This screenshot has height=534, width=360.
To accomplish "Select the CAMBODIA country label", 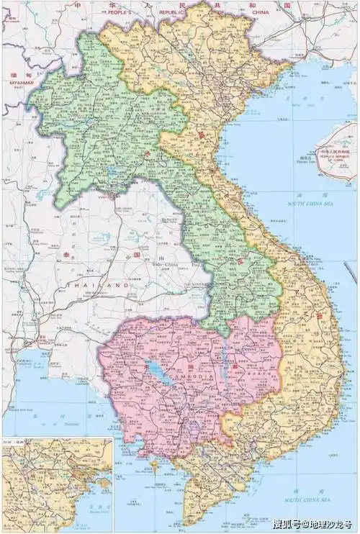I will (191, 376).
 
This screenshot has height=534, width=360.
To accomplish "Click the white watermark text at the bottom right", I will (314, 524).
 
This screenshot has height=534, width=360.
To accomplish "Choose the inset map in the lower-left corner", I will (56, 484).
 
